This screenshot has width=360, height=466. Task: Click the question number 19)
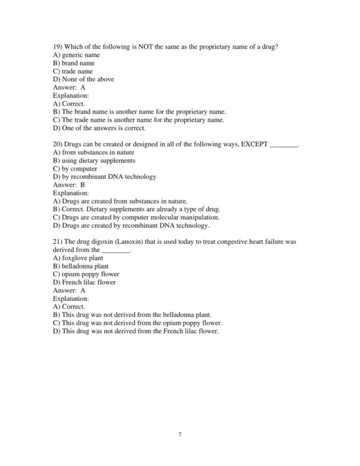click(58, 46)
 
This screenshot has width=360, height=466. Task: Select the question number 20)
click(58, 144)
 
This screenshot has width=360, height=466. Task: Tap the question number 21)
click(58, 241)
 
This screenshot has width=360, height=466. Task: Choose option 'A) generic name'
click(76, 55)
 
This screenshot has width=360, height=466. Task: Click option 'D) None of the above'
click(83, 79)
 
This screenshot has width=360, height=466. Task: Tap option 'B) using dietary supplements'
click(94, 160)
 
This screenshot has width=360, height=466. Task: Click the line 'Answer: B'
click(69, 185)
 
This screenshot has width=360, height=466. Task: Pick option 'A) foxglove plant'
click(78, 258)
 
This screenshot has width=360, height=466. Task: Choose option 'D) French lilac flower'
click(85, 282)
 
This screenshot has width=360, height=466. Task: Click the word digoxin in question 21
click(101, 241)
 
